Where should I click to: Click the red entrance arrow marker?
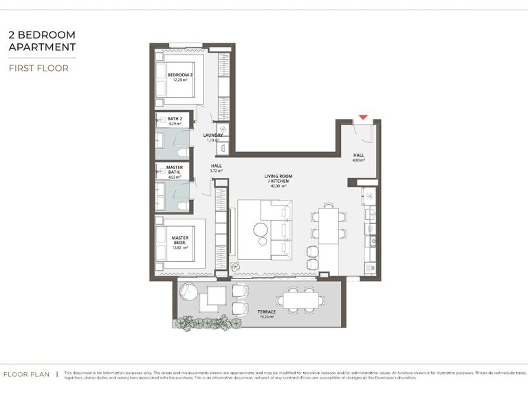click(x=363, y=119)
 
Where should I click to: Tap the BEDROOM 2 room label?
click(x=180, y=74)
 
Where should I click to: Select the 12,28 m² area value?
click(x=180, y=80)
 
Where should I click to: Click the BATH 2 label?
click(x=175, y=119)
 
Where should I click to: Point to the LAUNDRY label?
click(x=213, y=135)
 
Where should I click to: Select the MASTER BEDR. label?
click(x=180, y=241)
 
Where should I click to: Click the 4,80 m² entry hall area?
click(x=359, y=160)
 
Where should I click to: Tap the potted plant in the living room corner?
click(x=233, y=265)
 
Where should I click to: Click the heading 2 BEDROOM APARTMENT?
click(x=41, y=41)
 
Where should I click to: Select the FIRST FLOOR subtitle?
click(x=38, y=68)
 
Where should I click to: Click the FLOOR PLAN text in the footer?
click(x=27, y=375)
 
